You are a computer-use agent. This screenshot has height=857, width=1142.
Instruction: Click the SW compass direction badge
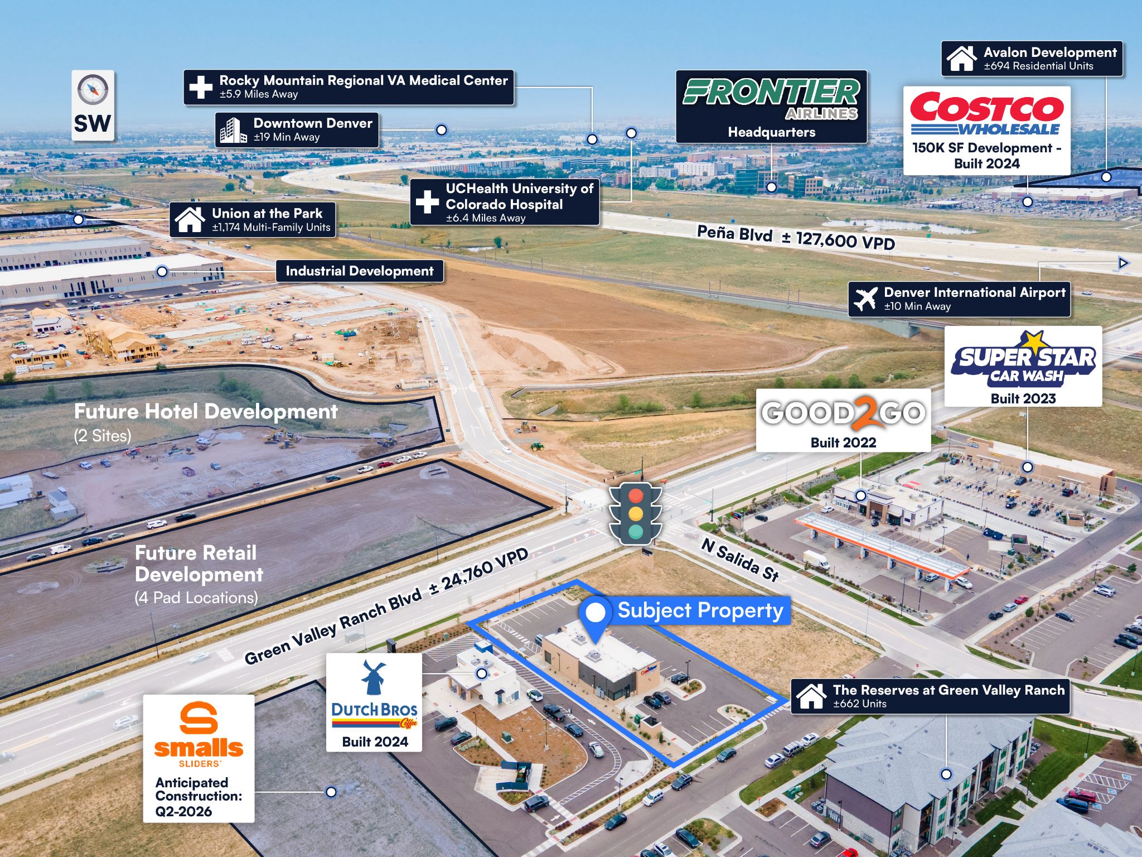click(x=93, y=105)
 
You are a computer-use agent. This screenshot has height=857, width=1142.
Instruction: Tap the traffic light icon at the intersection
click(x=635, y=513)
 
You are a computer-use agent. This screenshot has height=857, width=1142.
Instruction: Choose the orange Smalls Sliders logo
click(x=199, y=735)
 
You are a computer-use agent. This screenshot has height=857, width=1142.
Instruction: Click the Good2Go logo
click(x=843, y=413)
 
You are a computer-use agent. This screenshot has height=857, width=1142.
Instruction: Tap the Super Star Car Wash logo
click(x=1023, y=360)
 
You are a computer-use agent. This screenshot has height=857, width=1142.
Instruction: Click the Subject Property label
click(x=700, y=610)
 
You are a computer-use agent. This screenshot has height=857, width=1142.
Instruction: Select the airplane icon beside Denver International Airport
click(x=865, y=300)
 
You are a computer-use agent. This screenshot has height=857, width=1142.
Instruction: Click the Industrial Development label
click(x=360, y=271)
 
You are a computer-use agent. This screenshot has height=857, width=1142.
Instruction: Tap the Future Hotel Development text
click(x=206, y=411)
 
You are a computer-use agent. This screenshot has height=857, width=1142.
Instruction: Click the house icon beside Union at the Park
click(x=190, y=219)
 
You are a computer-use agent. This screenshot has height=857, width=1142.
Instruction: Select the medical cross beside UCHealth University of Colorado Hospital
click(x=427, y=202)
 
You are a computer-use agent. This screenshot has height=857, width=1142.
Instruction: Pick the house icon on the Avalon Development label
click(x=961, y=59)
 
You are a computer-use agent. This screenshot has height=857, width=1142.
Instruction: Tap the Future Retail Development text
click(x=199, y=564)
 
